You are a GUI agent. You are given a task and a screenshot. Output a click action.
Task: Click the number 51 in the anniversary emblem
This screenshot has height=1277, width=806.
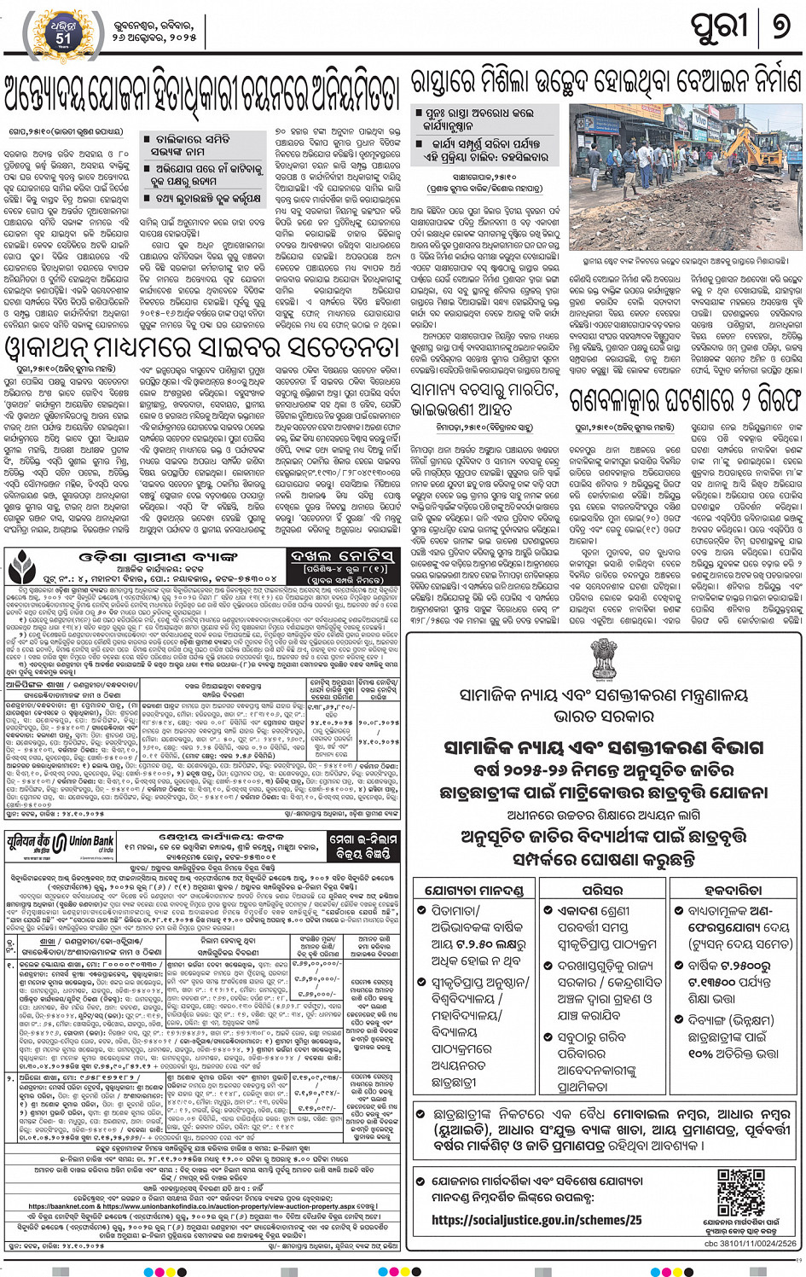[64, 38]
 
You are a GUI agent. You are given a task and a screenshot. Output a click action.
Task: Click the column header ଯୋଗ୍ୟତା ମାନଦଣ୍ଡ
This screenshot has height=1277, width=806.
[473, 890]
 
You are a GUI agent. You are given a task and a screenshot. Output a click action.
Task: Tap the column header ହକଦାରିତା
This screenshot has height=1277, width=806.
[733, 890]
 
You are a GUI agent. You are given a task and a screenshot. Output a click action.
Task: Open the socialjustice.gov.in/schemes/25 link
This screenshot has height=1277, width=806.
[536, 1221]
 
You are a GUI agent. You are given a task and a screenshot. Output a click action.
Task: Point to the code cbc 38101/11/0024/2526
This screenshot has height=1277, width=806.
[751, 1243]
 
